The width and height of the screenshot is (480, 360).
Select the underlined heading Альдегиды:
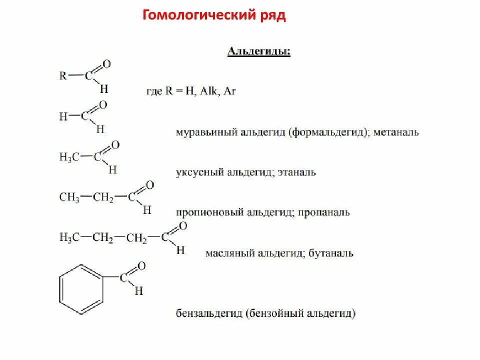point(259,51)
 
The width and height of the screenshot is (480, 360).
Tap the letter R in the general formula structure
point(63,76)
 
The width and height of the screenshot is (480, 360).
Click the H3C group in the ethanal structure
point(69,157)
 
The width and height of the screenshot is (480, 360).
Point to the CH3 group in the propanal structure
point(69,197)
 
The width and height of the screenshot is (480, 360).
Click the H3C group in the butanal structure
point(69,237)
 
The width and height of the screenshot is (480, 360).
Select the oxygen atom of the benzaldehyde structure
point(141,266)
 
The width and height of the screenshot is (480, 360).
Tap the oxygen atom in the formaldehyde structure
point(103,105)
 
